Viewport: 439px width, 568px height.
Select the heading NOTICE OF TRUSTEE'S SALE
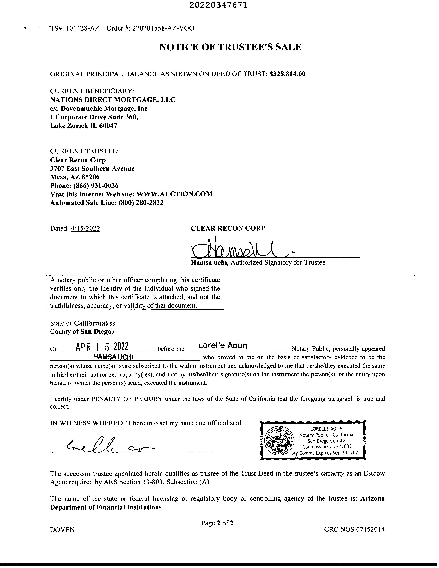pyautogui.click(x=230, y=47)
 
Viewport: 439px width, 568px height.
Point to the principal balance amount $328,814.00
pyautogui.click(x=288, y=74)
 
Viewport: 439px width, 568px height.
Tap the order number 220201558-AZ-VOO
pyautogui.click(x=163, y=28)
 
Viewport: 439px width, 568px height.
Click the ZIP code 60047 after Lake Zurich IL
pyautogui.click(x=108, y=126)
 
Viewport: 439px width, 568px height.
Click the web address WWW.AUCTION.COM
pyautogui.click(x=174, y=194)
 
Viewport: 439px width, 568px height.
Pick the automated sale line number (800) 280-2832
pyautogui.click(x=141, y=203)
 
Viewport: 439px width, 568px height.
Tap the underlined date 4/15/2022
pyautogui.click(x=85, y=228)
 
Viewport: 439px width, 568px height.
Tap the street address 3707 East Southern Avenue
pyautogui.click(x=92, y=169)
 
